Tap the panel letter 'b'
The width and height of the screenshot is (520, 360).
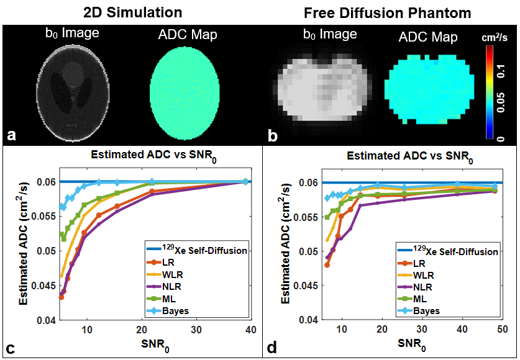[x=271, y=133]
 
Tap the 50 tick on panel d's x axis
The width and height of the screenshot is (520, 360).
[x=502, y=330]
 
